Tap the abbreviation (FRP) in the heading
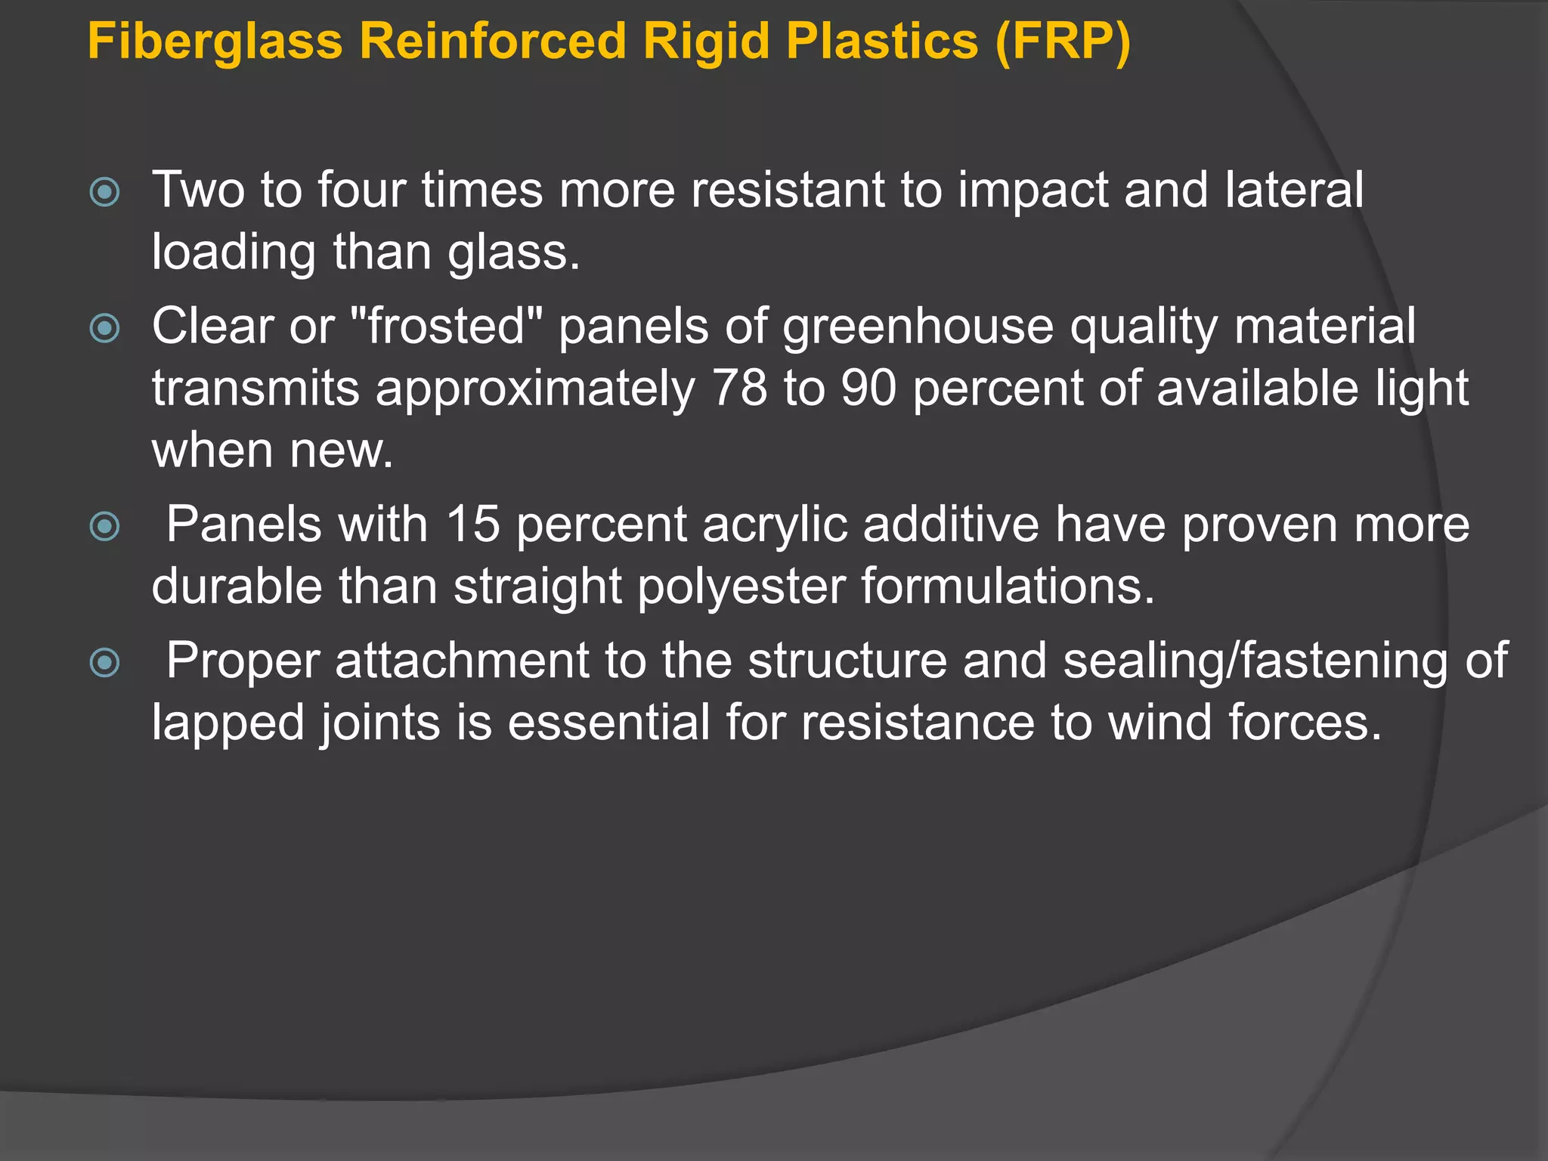[x=1063, y=41]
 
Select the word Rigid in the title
[x=707, y=41]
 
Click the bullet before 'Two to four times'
[x=104, y=192]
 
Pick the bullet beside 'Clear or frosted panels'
[x=104, y=329]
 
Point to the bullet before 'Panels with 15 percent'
[x=104, y=526]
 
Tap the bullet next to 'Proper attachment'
[x=104, y=663]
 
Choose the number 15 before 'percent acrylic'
[x=473, y=524]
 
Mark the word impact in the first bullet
[x=1033, y=190]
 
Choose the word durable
[x=237, y=587]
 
